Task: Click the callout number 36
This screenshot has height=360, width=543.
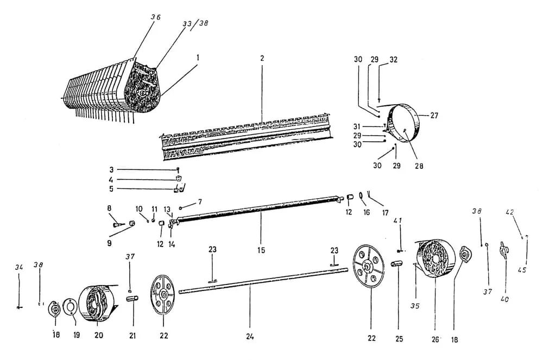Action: coord(155,17)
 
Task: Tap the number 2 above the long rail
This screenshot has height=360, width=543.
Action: coord(262,58)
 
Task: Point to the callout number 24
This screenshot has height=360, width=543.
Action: coord(249,336)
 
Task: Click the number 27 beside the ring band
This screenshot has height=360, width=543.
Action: coord(433,115)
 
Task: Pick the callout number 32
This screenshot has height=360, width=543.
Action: coord(393,59)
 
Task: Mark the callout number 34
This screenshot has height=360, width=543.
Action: coord(19,267)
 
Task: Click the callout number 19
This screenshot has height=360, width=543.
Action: coord(76,335)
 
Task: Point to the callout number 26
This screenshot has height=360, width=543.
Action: coord(435,340)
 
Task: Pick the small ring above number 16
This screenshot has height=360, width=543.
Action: coord(361,196)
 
